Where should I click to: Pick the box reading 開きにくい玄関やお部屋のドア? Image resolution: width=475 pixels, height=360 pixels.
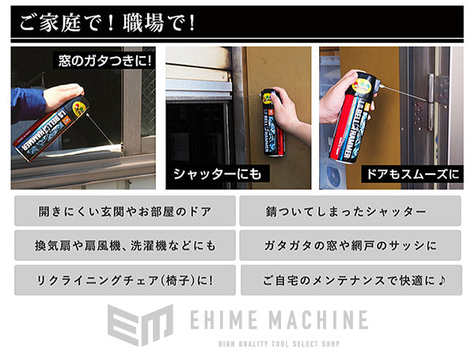(125, 212)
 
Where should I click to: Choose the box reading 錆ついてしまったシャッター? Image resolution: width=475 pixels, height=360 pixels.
(349, 212)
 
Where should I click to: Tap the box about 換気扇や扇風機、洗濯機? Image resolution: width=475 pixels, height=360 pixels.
(125, 246)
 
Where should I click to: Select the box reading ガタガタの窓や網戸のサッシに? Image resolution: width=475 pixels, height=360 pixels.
(349, 246)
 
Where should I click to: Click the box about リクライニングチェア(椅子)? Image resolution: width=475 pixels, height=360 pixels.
(125, 280)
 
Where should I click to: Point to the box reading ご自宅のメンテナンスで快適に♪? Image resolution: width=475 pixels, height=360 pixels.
(349, 280)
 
